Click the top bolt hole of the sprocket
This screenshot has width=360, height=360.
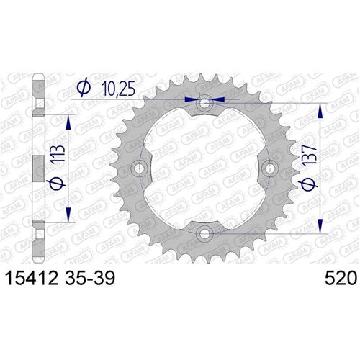click(206, 104)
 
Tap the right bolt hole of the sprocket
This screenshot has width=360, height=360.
click(270, 168)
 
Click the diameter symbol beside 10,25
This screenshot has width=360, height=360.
click(84, 88)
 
